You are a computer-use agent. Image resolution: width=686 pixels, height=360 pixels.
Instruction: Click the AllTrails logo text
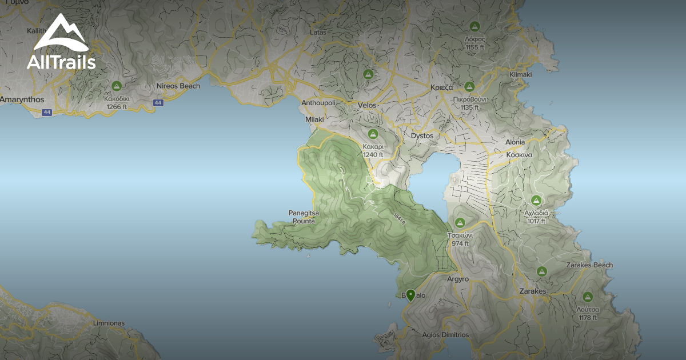[61, 62]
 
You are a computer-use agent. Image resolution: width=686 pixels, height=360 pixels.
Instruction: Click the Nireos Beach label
[178, 86]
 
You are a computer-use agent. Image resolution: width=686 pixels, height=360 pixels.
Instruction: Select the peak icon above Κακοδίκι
[117, 86]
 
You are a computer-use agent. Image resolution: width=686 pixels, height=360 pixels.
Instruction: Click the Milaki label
[314, 119]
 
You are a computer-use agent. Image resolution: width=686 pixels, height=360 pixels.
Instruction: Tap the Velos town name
[366, 106]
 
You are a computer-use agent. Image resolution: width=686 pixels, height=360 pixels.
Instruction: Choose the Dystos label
[422, 136]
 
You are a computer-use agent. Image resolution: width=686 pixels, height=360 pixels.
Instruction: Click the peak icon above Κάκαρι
[373, 134]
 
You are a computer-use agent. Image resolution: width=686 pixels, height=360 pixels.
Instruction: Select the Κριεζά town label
[441, 88]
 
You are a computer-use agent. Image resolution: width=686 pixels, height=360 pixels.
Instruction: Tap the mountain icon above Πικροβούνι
[469, 87]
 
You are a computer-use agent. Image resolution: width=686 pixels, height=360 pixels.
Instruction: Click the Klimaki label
[520, 75]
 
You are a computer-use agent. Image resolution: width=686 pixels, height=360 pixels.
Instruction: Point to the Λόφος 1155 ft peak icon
[474, 26]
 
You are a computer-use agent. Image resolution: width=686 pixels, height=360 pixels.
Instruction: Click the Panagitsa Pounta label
[304, 217]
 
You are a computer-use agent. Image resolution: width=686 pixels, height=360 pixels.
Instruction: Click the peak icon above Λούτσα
[588, 297]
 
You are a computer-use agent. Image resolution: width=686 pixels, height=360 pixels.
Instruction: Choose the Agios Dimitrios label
[445, 335]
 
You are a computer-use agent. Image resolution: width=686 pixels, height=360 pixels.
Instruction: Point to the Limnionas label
[109, 323]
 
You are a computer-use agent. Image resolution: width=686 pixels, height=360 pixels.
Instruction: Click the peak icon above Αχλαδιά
[536, 201]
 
